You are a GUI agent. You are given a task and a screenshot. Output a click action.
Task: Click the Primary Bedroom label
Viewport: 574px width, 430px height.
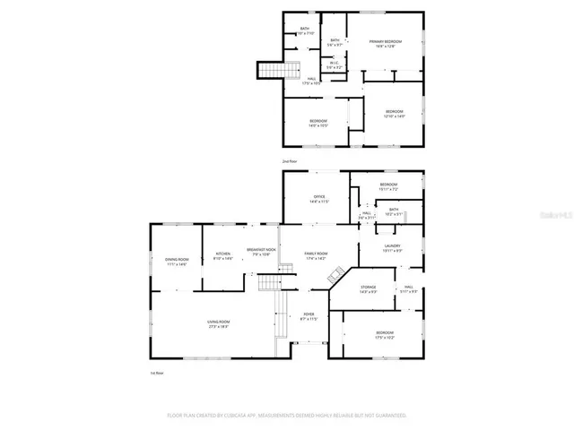[x=387, y=41]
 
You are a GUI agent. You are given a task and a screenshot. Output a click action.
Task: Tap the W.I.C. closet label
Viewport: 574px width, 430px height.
[x=333, y=63]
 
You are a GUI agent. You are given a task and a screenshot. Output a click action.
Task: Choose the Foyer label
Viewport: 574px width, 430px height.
[x=309, y=314]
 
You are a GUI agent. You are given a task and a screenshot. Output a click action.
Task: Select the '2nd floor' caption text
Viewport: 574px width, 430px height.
[x=290, y=161]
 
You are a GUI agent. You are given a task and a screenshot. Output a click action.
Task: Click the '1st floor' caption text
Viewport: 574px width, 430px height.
[x=157, y=372]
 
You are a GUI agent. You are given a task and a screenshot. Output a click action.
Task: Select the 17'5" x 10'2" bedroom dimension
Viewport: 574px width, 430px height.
[x=383, y=338]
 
